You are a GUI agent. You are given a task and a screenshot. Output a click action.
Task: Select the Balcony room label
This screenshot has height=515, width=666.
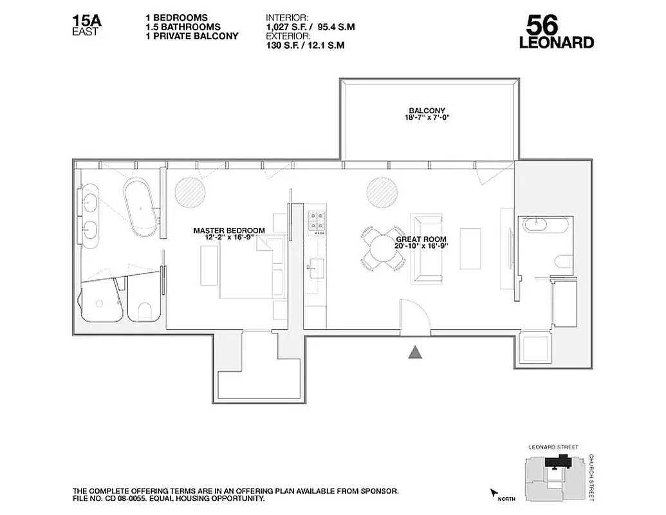point(427,114)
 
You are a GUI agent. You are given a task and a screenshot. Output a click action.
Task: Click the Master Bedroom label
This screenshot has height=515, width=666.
point(228,233)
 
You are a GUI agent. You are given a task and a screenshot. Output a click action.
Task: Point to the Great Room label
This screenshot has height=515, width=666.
point(421,243)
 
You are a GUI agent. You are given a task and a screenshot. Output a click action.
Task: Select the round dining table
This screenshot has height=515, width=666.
point(382,248)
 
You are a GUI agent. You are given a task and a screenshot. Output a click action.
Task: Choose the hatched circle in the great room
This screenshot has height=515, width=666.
point(381,191)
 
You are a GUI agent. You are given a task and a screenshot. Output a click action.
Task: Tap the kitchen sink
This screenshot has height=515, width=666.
point(316,265)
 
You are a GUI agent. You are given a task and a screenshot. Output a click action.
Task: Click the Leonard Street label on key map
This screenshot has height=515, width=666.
point(553,447)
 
